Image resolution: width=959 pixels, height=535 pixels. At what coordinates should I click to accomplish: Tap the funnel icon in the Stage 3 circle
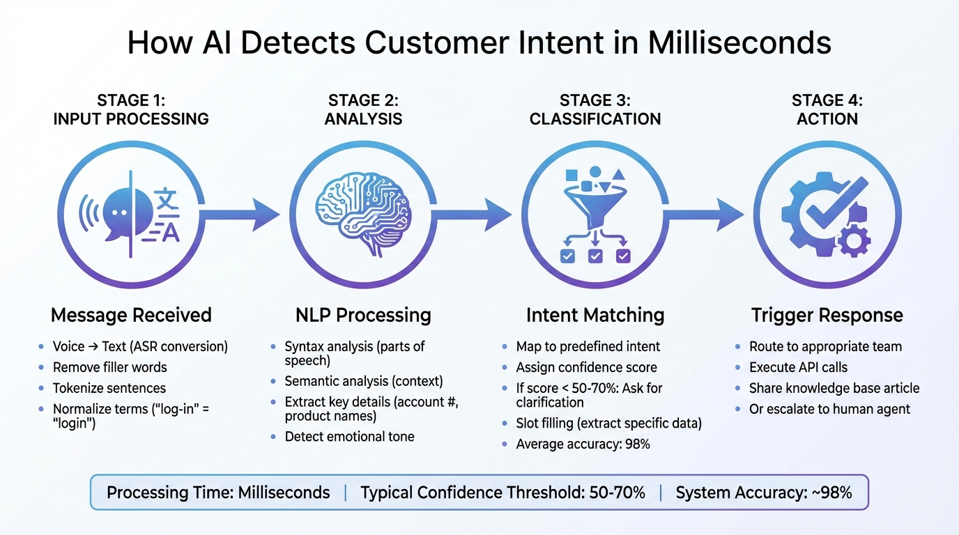click(594, 202)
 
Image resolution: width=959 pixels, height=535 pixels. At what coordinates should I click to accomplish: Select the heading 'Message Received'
click(131, 315)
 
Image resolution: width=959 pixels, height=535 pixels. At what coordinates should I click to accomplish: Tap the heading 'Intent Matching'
click(594, 315)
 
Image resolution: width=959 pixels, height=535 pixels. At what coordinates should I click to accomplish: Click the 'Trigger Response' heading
click(827, 315)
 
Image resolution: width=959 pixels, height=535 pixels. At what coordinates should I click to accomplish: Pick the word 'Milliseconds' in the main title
click(739, 43)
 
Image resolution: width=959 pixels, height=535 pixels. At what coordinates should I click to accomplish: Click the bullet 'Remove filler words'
click(109, 367)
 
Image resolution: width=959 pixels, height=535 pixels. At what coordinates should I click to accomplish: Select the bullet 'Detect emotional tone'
click(349, 437)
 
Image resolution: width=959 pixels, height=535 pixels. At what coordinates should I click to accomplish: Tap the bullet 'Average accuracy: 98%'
click(583, 444)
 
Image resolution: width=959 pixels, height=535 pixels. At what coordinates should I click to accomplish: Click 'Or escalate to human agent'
click(829, 409)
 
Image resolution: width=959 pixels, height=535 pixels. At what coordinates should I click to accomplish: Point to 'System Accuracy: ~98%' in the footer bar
click(764, 493)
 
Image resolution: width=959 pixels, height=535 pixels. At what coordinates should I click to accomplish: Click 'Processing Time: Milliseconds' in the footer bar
click(218, 493)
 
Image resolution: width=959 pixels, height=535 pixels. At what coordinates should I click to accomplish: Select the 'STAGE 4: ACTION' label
click(827, 109)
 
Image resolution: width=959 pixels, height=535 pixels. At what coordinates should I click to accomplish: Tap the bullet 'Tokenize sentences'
click(109, 388)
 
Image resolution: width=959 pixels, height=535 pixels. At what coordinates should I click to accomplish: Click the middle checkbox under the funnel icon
click(595, 257)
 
